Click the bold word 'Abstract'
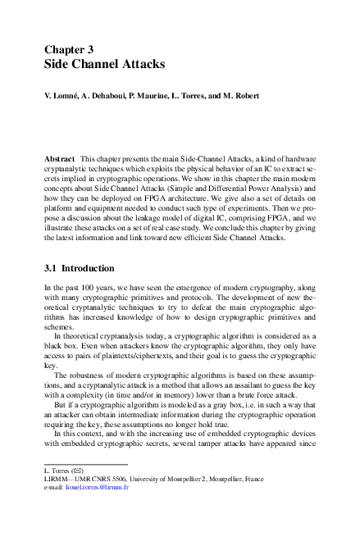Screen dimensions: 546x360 coord(60,156)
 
